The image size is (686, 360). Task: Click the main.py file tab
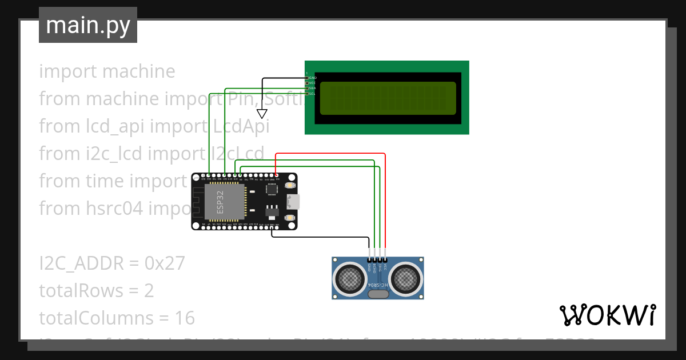pyautogui.click(x=88, y=26)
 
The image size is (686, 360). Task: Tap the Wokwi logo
pyautogui.click(x=607, y=315)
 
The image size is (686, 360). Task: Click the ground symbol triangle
pyautogui.click(x=262, y=114)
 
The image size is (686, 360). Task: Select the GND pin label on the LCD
pyautogui.click(x=312, y=78)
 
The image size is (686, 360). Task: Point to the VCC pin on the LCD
pyautogui.click(x=312, y=83)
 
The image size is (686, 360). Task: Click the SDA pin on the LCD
pyautogui.click(x=312, y=88)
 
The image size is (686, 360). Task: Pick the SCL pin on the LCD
pyautogui.click(x=312, y=93)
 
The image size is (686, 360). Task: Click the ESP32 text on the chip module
pyautogui.click(x=220, y=202)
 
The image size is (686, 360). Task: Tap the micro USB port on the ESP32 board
pyautogui.click(x=293, y=202)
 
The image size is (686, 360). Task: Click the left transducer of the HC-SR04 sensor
pyautogui.click(x=349, y=278)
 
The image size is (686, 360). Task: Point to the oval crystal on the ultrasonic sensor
pyautogui.click(x=378, y=294)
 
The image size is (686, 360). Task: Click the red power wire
pyautogui.click(x=385, y=200)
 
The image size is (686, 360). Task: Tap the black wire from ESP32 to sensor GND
pyautogui.click(x=320, y=237)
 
